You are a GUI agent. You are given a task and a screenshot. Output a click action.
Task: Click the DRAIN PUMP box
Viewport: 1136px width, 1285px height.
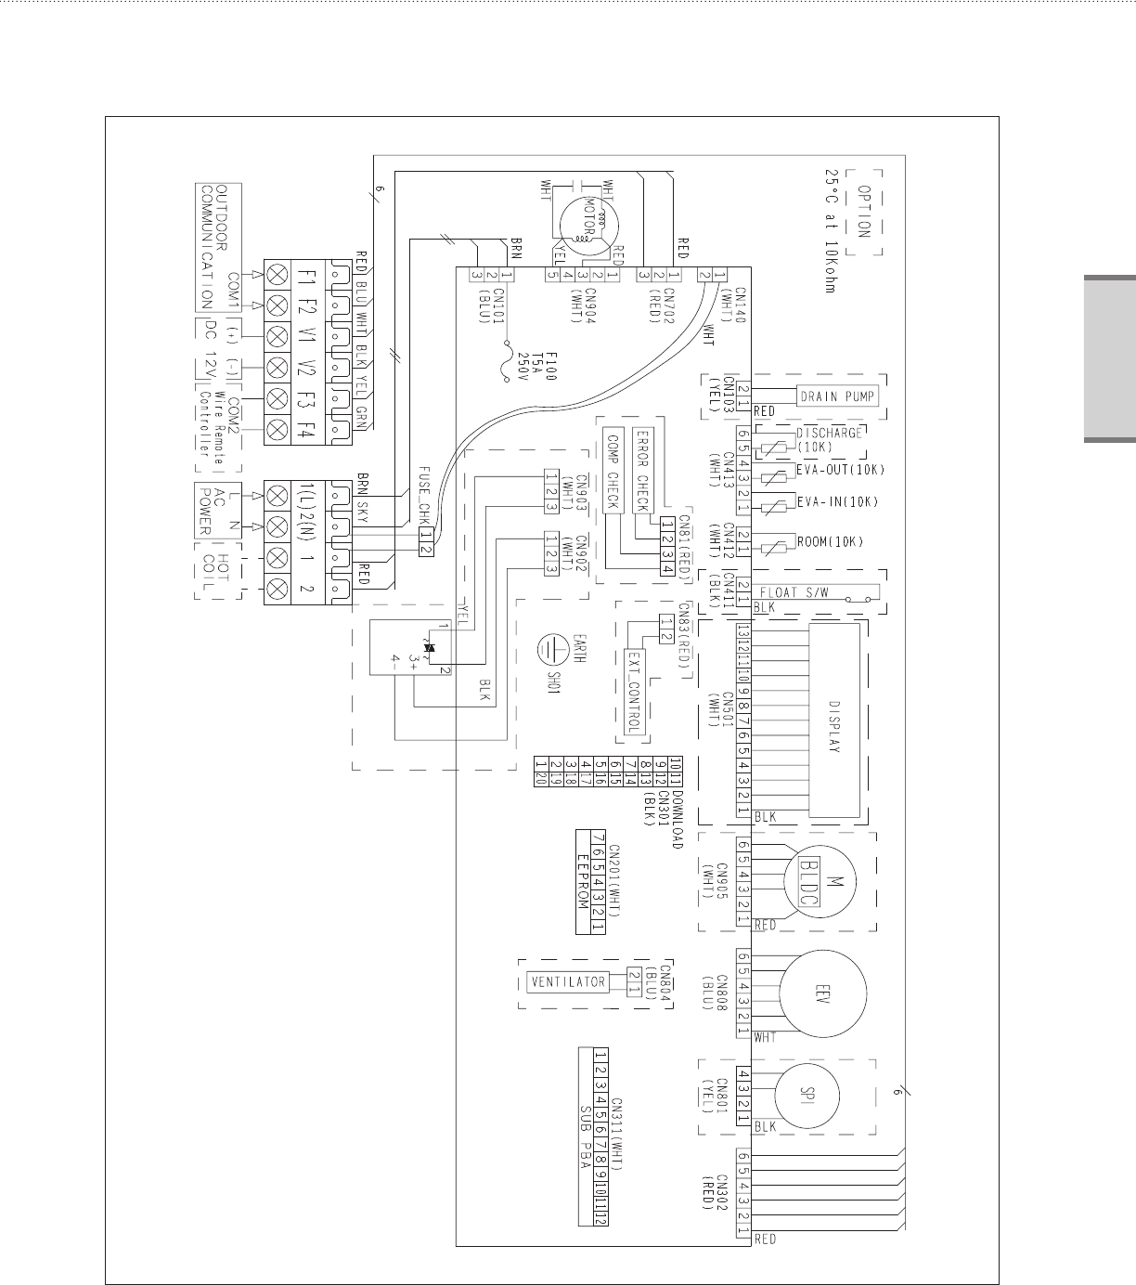tap(837, 396)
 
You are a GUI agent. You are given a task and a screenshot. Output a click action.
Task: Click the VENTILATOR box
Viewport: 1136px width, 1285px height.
tap(568, 981)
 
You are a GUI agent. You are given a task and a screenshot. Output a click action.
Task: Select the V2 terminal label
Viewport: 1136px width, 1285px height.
tap(306, 367)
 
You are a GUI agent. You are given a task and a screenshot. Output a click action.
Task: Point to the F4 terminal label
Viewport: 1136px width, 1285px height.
tap(306, 429)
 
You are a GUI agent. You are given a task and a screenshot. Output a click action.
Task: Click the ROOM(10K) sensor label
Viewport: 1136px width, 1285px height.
tap(831, 542)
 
